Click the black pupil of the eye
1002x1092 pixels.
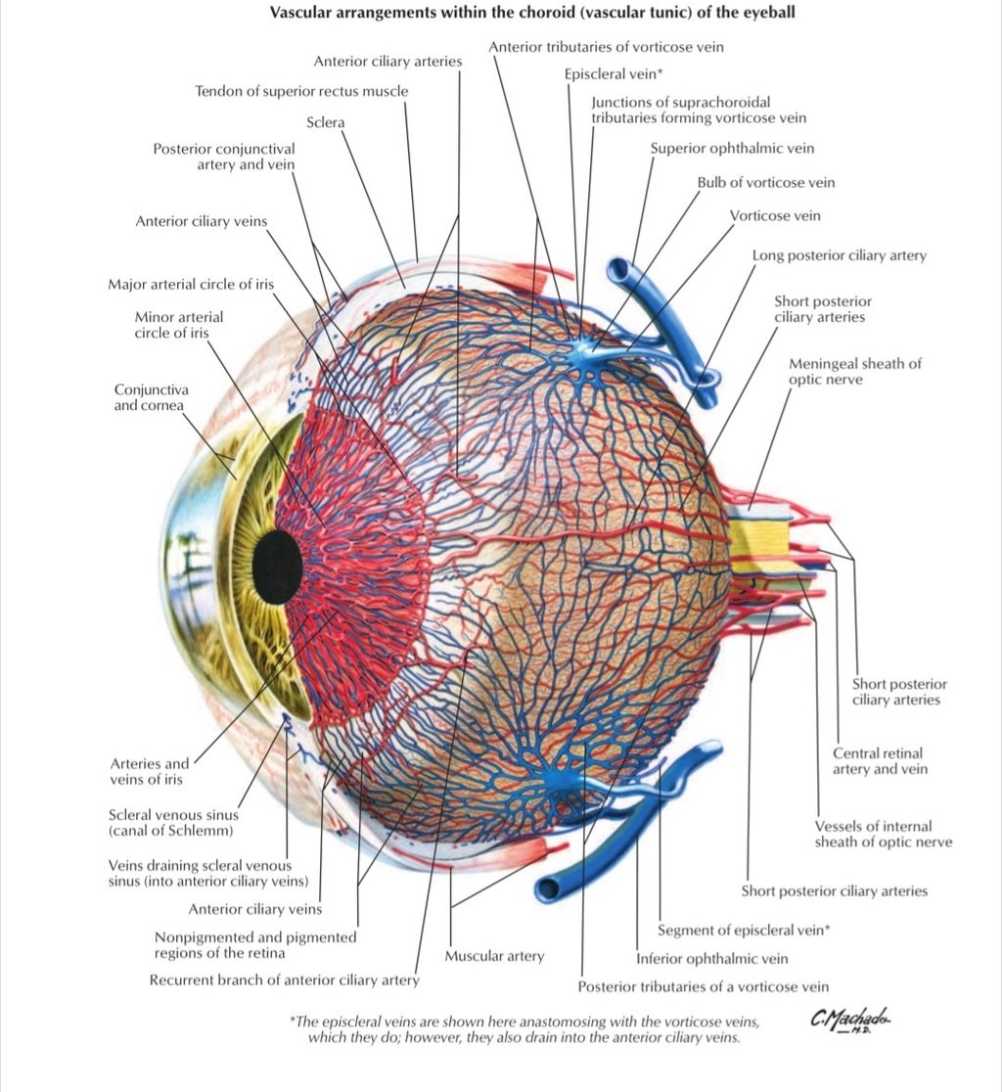coord(276,567)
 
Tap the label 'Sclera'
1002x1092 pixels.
coord(326,122)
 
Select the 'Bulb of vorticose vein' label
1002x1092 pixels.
coord(765,183)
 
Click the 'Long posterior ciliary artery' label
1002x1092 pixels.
coord(839,255)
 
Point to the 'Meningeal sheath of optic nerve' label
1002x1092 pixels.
coord(854,371)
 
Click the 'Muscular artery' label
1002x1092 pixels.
coord(494,956)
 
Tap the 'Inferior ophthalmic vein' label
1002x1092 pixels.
coord(711,959)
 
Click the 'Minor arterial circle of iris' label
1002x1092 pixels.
coord(179,325)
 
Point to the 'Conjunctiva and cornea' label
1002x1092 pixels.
coord(149,397)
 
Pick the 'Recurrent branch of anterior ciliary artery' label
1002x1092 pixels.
coord(284,980)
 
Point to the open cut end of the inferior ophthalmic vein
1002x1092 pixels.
coord(546,889)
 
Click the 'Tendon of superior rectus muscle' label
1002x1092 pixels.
coord(301,91)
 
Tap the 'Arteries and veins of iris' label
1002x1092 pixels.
coord(150,771)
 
